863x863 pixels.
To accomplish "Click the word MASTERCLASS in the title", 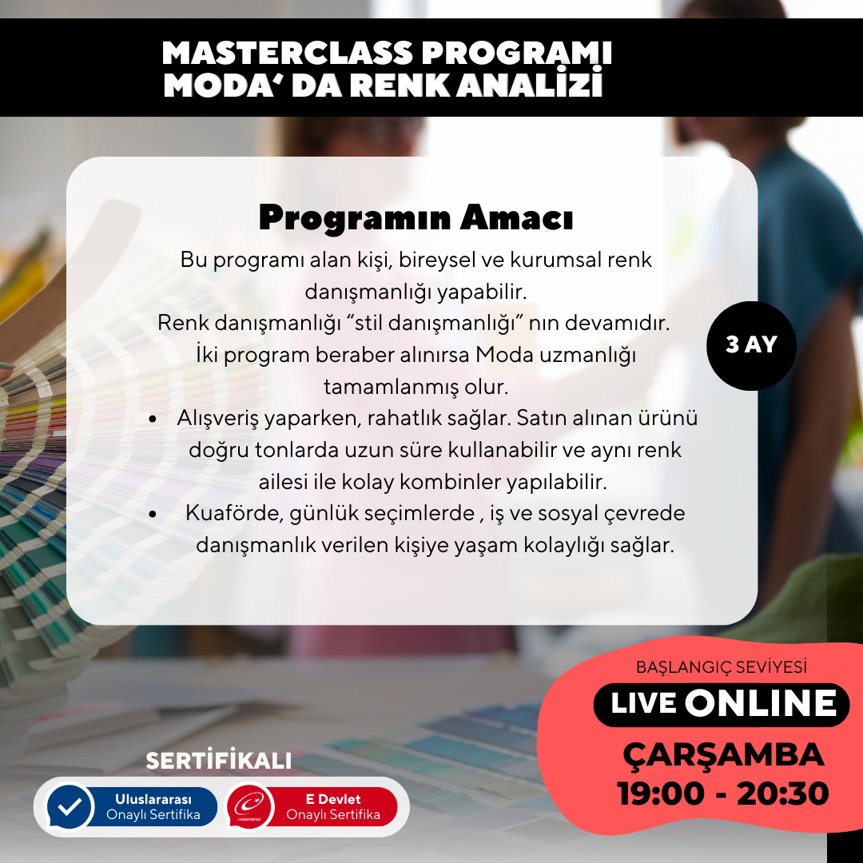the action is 288,54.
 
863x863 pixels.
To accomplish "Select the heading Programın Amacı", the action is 416,218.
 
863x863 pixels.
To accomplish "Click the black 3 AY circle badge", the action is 751,346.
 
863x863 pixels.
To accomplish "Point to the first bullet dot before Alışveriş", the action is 153,420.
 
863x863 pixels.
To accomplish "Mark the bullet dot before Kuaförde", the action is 153,515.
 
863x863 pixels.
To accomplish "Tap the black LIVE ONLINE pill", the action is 722,705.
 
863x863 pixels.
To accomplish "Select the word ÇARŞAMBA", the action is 723,756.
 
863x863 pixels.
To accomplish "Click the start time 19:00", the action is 661,793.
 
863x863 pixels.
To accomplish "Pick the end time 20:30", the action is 782,793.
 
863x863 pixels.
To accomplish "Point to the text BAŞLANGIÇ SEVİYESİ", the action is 722,667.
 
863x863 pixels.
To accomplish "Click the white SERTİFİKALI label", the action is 218,761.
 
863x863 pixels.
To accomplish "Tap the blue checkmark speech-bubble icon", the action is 70,806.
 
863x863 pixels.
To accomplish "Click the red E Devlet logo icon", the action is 250,806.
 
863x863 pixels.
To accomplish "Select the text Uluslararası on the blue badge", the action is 153,799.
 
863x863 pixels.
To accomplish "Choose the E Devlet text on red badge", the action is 333,799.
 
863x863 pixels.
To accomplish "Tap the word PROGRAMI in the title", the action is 517,54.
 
